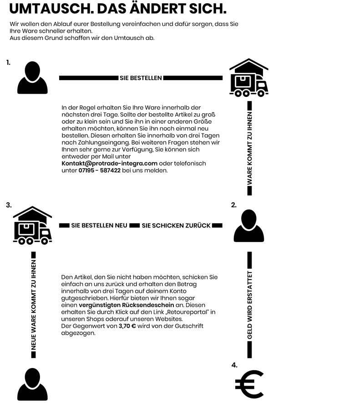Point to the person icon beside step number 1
pos(32,78)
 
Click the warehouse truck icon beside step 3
pos(32,226)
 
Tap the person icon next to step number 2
pos(249,226)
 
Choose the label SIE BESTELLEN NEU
pos(99,225)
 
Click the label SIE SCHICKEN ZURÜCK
pos(176,225)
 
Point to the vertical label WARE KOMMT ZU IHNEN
pos(249,148)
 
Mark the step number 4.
pos(234,365)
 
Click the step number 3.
pos(9,205)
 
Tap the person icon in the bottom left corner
pos(32,384)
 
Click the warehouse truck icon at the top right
pos(248,78)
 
